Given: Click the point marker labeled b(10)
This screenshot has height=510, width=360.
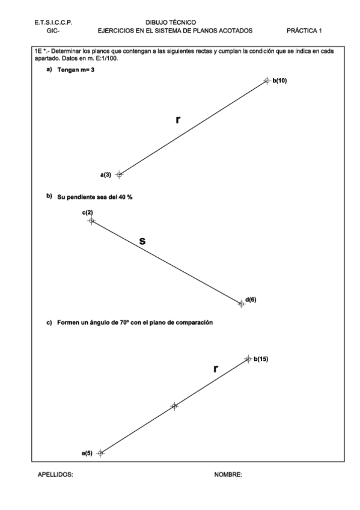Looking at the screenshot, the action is pyautogui.click(x=267, y=81).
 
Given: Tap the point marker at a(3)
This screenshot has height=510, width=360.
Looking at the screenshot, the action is pyautogui.click(x=119, y=174).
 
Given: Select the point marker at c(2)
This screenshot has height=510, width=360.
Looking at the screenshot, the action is pyautogui.click(x=91, y=221).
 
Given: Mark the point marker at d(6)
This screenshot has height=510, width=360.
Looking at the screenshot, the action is pyautogui.click(x=242, y=304).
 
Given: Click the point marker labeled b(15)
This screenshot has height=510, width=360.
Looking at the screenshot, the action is pyautogui.click(x=248, y=359).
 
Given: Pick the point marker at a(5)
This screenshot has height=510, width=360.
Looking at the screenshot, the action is pyautogui.click(x=100, y=453).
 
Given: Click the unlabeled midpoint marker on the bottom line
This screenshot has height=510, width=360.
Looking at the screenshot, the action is pyautogui.click(x=174, y=406).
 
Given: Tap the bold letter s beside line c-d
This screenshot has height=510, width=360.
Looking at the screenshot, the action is pyautogui.click(x=142, y=241).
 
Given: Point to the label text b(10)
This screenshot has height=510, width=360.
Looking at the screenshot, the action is pyautogui.click(x=279, y=80).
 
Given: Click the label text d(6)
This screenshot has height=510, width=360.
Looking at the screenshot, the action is pyautogui.click(x=251, y=299).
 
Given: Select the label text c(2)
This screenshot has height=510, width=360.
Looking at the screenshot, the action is pyautogui.click(x=88, y=213).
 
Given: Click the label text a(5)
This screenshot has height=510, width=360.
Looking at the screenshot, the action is pyautogui.click(x=87, y=453).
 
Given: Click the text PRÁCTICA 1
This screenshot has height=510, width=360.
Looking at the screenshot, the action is pyautogui.click(x=305, y=29).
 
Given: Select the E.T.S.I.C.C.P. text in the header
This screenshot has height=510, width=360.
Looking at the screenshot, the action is pyautogui.click(x=55, y=22).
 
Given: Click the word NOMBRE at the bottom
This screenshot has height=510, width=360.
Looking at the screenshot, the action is pyautogui.click(x=228, y=475).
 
